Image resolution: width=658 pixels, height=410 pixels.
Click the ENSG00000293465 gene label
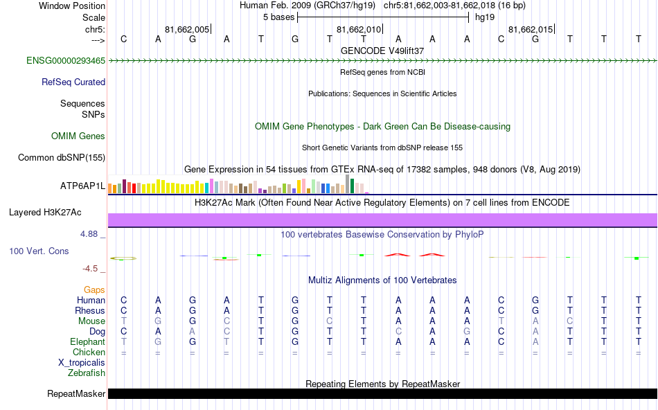(x=66, y=61)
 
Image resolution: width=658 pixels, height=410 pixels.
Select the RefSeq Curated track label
(x=73, y=82)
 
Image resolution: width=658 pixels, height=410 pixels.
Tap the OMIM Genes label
(x=78, y=136)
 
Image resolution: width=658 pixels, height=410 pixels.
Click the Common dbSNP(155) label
(x=62, y=158)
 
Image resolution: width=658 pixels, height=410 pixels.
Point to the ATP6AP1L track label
(x=82, y=186)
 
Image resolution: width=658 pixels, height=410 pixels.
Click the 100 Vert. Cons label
(x=39, y=251)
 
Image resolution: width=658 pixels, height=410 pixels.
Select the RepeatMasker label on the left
(x=76, y=394)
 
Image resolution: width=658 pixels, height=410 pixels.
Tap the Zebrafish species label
(x=87, y=373)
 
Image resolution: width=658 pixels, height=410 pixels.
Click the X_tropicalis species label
(x=82, y=362)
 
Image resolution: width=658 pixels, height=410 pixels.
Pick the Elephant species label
(x=87, y=341)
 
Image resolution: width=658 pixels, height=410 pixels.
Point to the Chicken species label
(x=89, y=352)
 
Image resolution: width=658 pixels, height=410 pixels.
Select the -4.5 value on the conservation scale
(x=90, y=269)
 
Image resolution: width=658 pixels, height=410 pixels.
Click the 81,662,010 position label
(x=358, y=29)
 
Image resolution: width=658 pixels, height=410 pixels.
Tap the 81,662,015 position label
(x=531, y=29)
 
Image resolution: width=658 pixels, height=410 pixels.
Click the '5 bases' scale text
(x=279, y=17)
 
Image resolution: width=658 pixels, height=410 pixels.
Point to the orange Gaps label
(x=95, y=289)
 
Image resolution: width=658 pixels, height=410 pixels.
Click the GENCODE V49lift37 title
(x=382, y=51)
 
